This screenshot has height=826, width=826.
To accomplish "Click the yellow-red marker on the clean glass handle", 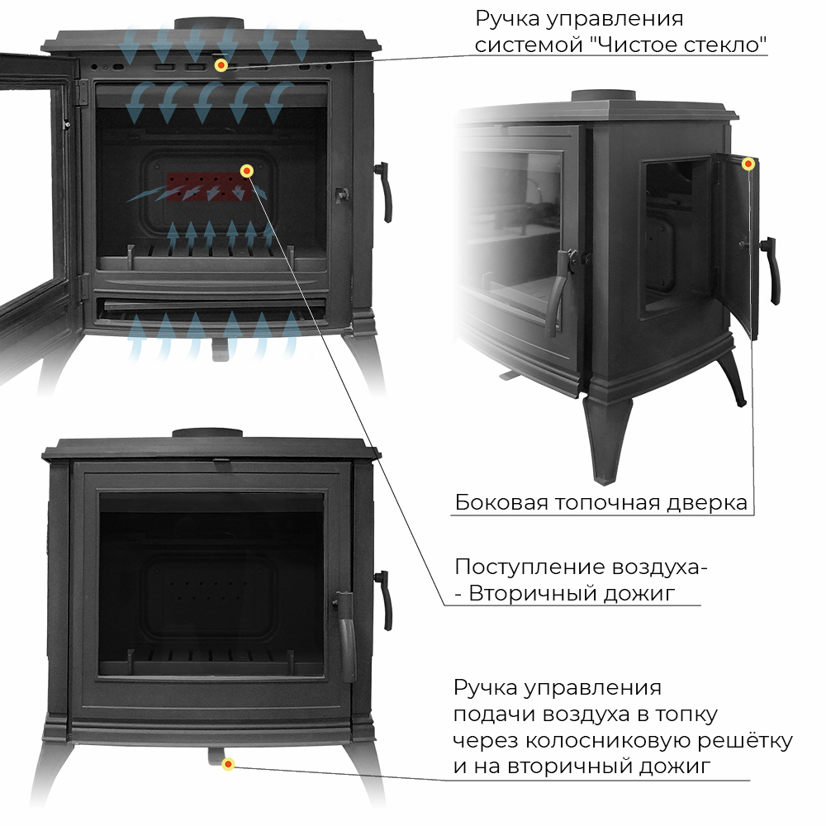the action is coord(221,65).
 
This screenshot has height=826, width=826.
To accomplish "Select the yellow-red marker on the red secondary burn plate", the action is coord(246,171).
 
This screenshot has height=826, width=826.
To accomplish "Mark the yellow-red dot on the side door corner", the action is coord(748,164).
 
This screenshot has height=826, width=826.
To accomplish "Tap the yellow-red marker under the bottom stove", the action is coord(228,764).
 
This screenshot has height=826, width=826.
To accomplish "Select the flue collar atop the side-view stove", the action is coord(605,97).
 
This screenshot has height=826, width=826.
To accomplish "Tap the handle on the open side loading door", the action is coord(771,270).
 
